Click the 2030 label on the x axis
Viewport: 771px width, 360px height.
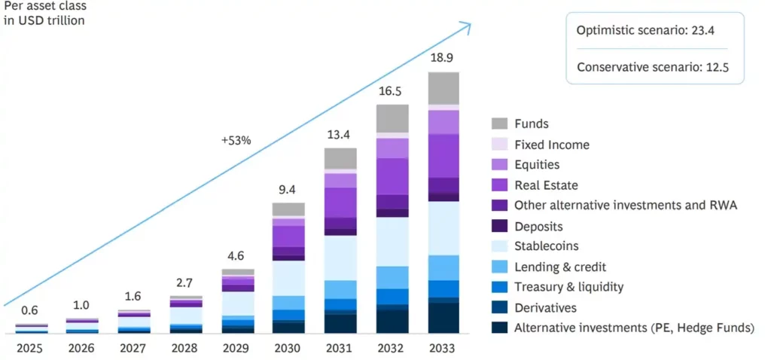tap(288, 349)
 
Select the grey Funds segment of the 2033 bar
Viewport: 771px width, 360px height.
tap(443, 88)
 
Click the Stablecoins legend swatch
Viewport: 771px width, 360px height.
tap(499, 246)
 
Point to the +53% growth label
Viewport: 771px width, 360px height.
tap(236, 140)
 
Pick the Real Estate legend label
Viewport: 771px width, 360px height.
tap(547, 185)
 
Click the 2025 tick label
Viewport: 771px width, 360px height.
tap(31, 349)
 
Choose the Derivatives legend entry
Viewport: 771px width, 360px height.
tap(546, 307)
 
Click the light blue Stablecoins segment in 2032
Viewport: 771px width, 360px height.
tap(392, 241)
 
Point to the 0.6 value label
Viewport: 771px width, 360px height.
tap(31, 311)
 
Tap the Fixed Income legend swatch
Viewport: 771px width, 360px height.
tap(499, 144)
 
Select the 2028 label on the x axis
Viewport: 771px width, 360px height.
tap(185, 349)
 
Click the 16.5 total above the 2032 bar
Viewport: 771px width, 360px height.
tap(392, 91)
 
